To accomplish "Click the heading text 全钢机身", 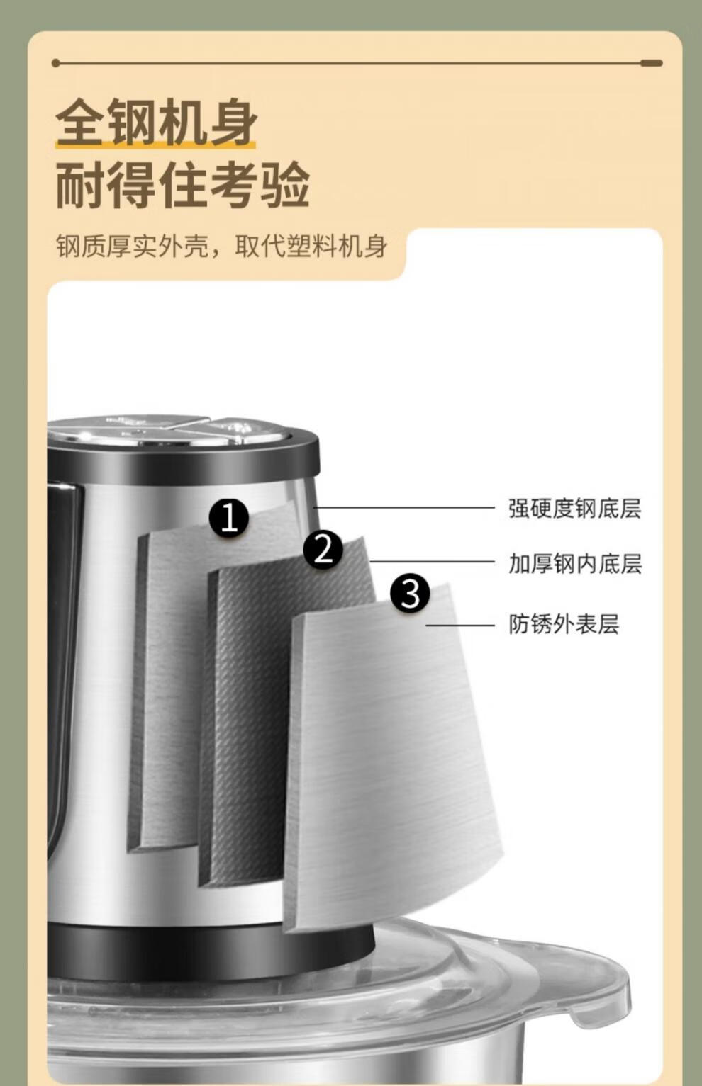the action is click(156, 121).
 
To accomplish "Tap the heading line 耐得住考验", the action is click(182, 185).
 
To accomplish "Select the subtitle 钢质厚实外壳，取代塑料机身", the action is click(222, 247).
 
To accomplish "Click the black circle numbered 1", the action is click(229, 518).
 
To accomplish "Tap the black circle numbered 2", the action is click(323, 550).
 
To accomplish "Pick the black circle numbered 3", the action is click(410, 592).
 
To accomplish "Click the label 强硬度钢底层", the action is click(575, 509).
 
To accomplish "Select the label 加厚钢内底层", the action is click(575, 564).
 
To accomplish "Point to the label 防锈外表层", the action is click(564, 624).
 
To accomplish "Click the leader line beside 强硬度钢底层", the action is click(404, 508).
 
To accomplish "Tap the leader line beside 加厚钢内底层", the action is click(432, 562).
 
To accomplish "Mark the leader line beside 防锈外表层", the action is click(460, 626).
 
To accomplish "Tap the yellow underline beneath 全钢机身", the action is click(155, 144).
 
